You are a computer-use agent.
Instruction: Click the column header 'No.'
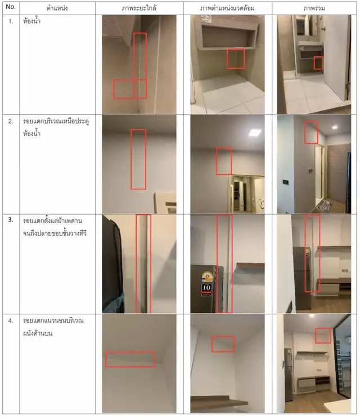[x=11, y=7]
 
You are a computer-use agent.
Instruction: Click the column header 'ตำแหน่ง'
[x=57, y=8]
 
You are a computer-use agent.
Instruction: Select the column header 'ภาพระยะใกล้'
[x=139, y=8]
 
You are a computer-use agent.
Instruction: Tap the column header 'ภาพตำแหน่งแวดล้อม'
[x=227, y=8]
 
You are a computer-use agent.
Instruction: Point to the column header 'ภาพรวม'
[x=314, y=8]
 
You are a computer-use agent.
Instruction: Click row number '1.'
[x=11, y=21]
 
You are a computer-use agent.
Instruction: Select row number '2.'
[x=11, y=121]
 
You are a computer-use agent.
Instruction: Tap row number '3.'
[x=11, y=220]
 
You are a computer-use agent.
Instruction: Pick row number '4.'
[x=11, y=320]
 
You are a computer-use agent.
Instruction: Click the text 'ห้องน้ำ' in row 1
[x=31, y=21]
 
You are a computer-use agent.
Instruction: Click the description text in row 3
[x=55, y=227]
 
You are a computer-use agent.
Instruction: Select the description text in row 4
[x=53, y=327]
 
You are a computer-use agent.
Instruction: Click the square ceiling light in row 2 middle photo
[x=255, y=133]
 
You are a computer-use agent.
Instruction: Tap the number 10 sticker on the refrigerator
[x=206, y=290]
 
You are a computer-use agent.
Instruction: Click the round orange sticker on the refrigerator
[x=206, y=277]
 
